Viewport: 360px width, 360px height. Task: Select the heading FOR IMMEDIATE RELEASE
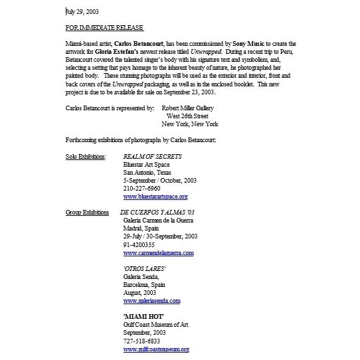coord(106,29)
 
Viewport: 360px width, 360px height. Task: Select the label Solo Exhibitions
coord(85,156)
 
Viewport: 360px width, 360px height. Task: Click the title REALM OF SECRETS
coord(152,156)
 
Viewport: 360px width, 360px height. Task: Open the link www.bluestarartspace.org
coord(155,197)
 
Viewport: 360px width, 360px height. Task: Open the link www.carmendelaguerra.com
coord(158,253)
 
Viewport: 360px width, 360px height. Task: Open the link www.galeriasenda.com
coord(151,301)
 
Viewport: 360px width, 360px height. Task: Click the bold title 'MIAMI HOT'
coord(143,317)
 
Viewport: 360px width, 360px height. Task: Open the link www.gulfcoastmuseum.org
coord(156,349)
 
